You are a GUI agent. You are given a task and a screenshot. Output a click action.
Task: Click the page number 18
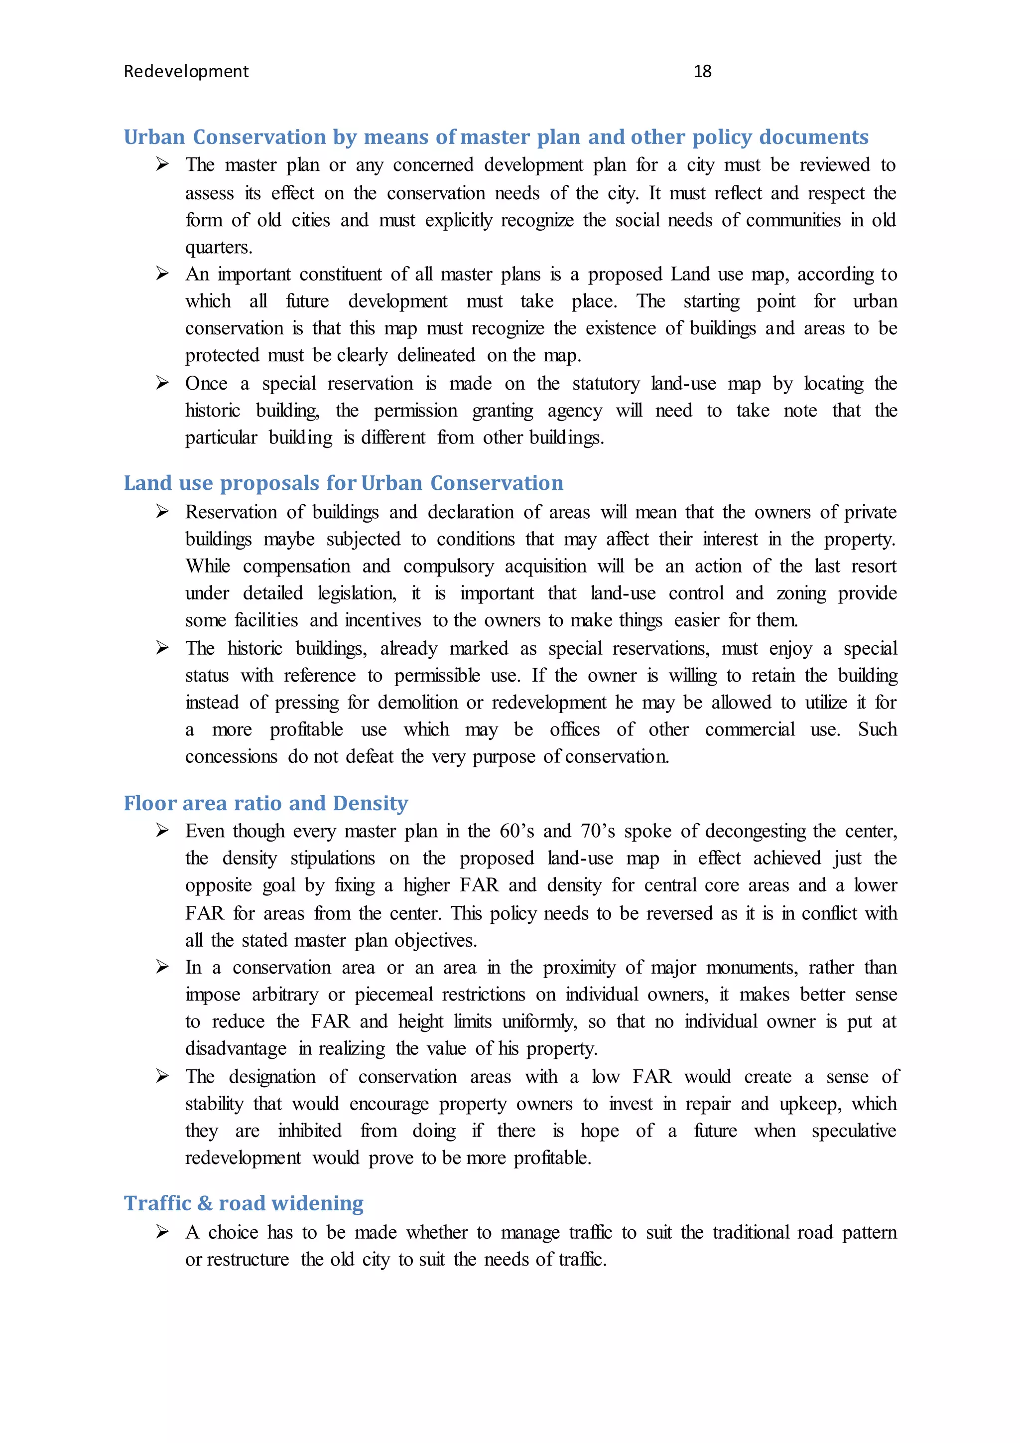click(x=702, y=72)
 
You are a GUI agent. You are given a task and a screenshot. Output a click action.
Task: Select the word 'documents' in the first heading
click(x=814, y=137)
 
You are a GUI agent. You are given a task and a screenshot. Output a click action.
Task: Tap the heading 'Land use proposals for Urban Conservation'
click(x=343, y=483)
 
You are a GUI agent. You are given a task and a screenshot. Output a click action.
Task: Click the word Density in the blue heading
click(x=371, y=803)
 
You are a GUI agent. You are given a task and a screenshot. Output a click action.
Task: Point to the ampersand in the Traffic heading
click(x=205, y=1203)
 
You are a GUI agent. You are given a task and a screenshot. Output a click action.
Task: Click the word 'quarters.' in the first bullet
click(x=219, y=248)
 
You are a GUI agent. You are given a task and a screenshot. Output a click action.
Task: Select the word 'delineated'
click(x=436, y=356)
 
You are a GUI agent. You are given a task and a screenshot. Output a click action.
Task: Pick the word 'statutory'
click(x=606, y=383)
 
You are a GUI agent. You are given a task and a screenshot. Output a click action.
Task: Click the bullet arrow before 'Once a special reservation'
click(x=163, y=383)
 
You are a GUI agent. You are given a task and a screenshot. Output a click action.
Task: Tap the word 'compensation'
click(x=296, y=566)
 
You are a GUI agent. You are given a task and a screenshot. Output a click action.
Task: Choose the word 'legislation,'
click(x=357, y=593)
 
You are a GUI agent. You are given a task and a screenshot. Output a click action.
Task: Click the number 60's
click(x=516, y=831)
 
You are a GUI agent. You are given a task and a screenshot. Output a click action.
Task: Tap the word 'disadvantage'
click(x=236, y=1048)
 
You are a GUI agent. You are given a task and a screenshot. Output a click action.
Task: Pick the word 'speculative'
click(x=854, y=1131)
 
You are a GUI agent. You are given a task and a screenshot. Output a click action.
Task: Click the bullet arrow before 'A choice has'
click(x=163, y=1232)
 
